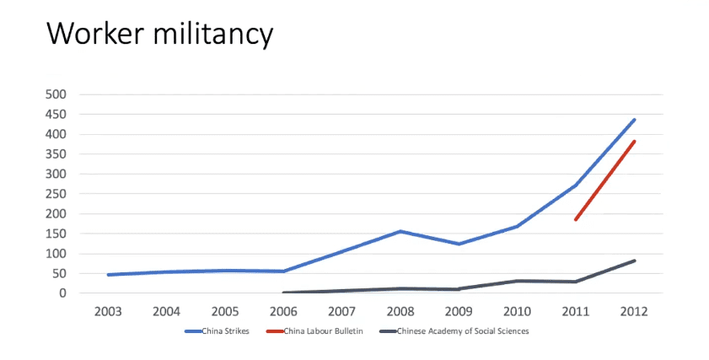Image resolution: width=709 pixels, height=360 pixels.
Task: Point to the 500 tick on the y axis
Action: click(56, 94)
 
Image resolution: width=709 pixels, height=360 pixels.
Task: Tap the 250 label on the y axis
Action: click(56, 194)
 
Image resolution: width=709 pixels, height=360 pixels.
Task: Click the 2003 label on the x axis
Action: click(108, 311)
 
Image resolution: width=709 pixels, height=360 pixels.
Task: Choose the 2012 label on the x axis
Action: click(633, 311)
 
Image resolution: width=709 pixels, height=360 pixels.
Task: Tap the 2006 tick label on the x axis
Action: click(283, 311)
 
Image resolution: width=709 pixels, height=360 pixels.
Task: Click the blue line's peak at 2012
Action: click(633, 120)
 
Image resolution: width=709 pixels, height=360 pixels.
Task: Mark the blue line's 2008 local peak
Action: click(400, 231)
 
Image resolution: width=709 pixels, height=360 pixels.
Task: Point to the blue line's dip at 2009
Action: click(459, 244)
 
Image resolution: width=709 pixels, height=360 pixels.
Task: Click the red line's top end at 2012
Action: click(633, 142)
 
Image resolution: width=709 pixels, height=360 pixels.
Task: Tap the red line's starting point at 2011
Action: click(575, 219)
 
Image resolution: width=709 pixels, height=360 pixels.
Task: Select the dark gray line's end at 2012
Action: click(633, 261)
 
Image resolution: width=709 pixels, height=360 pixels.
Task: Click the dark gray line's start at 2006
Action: click(284, 293)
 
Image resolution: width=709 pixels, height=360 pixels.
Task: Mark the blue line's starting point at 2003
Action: click(109, 275)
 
